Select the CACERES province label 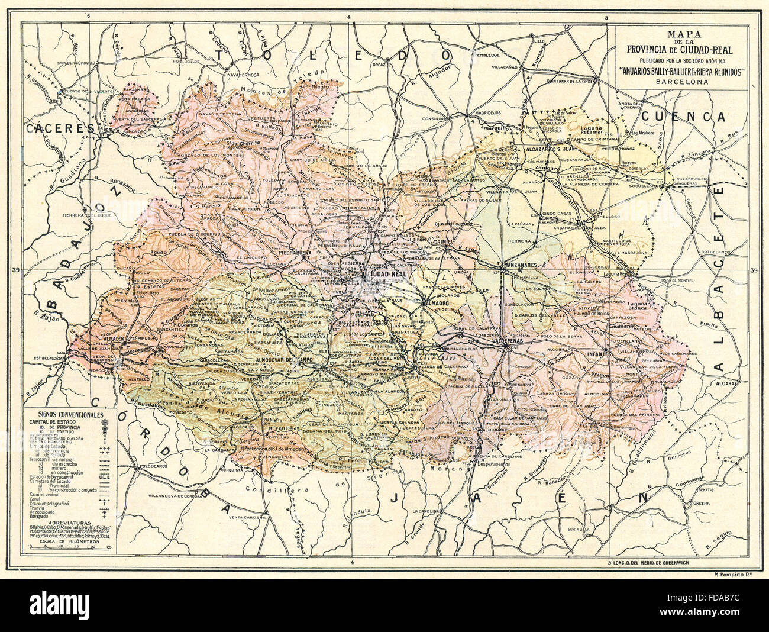pyautogui.click(x=60, y=127)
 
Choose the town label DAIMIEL pyautogui.click(x=439, y=243)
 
